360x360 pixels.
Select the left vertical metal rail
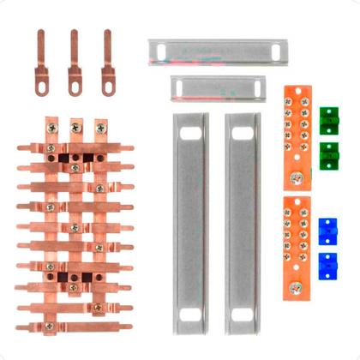pos(190,223)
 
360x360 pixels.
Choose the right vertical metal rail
pos(243,223)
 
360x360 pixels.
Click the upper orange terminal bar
pos(296,137)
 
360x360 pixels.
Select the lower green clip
pos(327,154)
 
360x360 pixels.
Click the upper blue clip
pos(326,228)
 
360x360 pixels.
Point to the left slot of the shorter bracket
pos(181,87)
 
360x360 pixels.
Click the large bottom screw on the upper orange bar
pos(297,178)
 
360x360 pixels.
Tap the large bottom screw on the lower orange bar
pos(297,286)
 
